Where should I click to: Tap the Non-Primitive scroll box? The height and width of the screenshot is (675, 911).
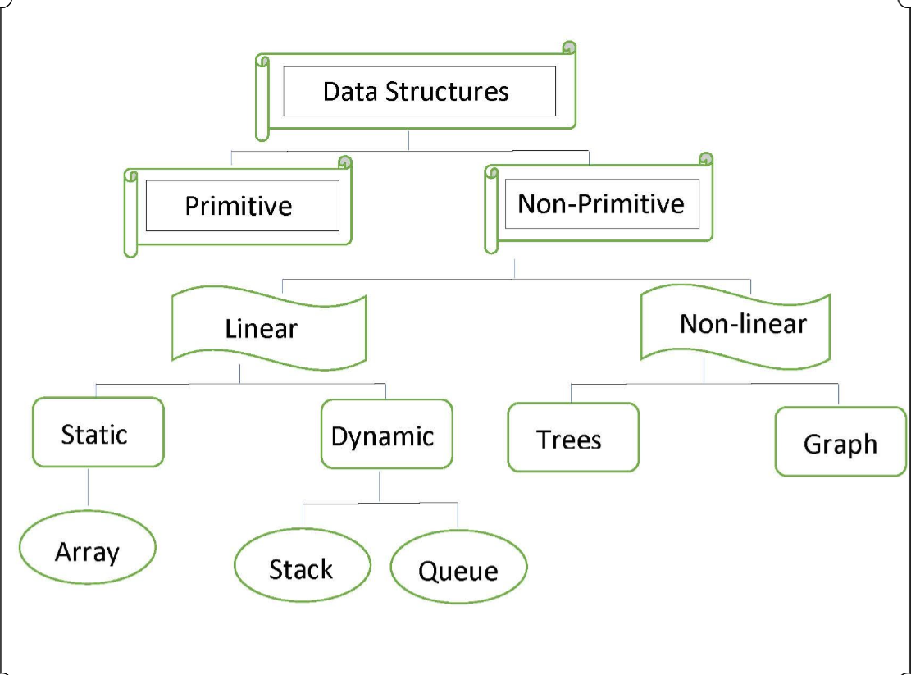[x=601, y=203]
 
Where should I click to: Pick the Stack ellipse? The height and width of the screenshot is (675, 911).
[x=301, y=567]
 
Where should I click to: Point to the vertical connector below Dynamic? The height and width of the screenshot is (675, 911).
[x=380, y=486]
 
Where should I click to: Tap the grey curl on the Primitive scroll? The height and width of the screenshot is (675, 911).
[x=345, y=162]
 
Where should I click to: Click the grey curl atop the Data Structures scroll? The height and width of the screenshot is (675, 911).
[x=569, y=48]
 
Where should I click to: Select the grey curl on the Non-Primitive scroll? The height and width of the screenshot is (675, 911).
[x=706, y=159]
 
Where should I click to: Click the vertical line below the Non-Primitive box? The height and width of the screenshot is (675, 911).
[x=515, y=269]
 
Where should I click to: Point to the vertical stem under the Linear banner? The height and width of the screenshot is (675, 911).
[x=239, y=373]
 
